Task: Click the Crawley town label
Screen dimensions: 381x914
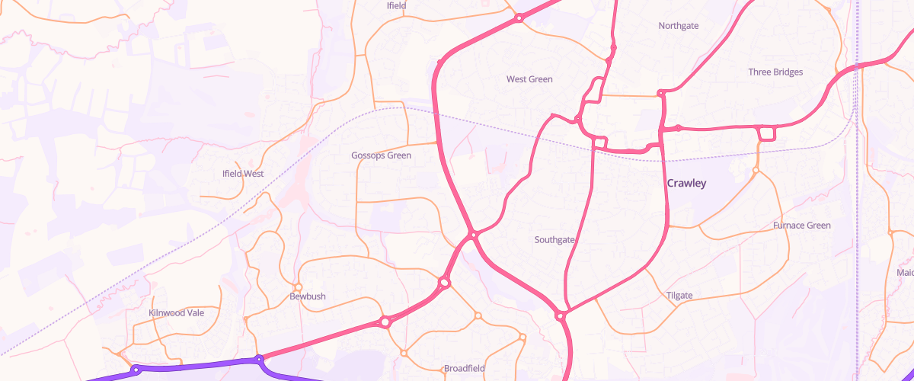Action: [x=686, y=184]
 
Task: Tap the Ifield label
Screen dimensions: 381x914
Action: [x=397, y=6]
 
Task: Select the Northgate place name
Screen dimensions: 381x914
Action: [x=678, y=26]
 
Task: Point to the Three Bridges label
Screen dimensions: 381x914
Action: [x=775, y=72]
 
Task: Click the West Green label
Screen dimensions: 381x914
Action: [x=529, y=79]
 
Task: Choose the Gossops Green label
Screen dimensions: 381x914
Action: [x=381, y=155]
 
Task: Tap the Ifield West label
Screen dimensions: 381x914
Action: [x=243, y=174]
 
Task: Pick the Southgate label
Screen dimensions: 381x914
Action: [x=554, y=240]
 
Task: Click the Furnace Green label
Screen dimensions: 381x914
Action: [x=801, y=226]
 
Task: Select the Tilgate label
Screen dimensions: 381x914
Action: [x=679, y=296]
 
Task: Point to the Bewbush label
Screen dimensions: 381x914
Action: [x=308, y=296]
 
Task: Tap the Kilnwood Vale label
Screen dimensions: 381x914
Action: [x=176, y=312]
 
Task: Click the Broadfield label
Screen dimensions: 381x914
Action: [x=465, y=369]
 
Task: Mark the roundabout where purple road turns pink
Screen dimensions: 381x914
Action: [x=259, y=359]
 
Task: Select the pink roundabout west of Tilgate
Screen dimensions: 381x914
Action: [x=561, y=315]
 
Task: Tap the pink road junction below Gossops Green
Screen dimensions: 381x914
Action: [x=473, y=234]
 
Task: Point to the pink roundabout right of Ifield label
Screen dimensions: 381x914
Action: [x=519, y=18]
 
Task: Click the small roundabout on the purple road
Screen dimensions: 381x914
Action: [x=136, y=370]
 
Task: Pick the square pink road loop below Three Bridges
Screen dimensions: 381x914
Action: [x=766, y=134]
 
